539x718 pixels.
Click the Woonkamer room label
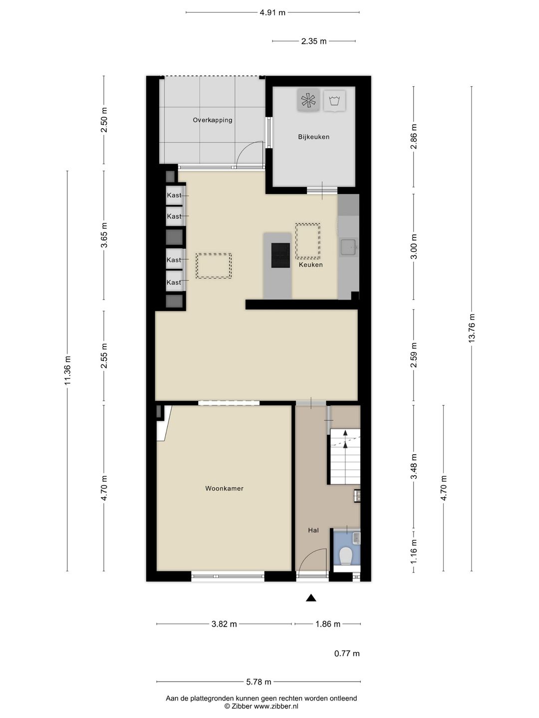tap(224, 488)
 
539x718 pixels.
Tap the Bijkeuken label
tap(313, 137)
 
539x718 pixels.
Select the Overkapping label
tap(213, 120)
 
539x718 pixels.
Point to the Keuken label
tap(310, 265)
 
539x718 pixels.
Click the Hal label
tap(313, 530)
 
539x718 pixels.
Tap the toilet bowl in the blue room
tap(345, 556)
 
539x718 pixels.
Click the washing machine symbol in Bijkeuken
tap(334, 100)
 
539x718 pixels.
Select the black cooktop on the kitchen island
tap(280, 255)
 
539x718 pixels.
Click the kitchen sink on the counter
tap(348, 247)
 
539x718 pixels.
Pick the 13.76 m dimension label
tap(471, 328)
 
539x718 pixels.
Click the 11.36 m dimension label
tap(67, 370)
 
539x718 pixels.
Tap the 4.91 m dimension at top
tap(272, 12)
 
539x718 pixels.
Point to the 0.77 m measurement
tap(347, 654)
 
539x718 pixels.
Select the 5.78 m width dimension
tap(259, 682)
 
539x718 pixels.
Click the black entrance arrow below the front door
tap(311, 598)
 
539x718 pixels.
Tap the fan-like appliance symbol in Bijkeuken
tap(308, 100)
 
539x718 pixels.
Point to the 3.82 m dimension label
tap(224, 624)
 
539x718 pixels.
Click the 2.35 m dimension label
tap(313, 41)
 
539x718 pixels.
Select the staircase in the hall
tap(345, 457)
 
